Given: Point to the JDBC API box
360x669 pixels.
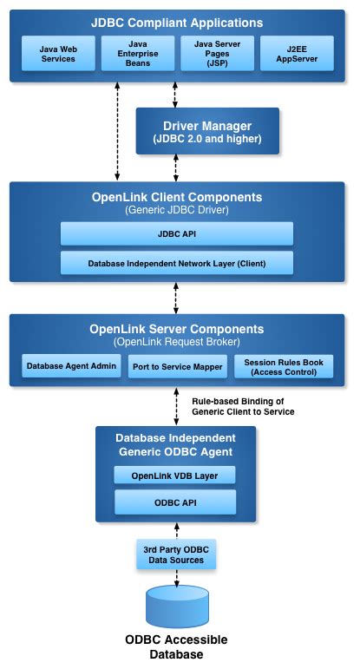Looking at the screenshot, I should point(177,233).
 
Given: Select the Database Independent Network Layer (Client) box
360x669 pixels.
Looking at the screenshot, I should point(177,262).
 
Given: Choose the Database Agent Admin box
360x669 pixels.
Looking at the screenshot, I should point(71,366).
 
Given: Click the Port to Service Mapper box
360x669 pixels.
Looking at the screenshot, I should point(177,366).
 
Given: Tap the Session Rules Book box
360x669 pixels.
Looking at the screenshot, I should point(283,366).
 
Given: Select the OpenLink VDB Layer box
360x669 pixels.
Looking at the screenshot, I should point(176,475).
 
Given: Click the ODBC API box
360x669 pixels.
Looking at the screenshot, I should point(176,502).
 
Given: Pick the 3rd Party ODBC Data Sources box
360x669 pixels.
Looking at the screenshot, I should point(176,554).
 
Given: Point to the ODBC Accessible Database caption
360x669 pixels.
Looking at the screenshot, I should point(177,647).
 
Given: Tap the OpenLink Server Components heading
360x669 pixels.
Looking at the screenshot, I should point(177,330).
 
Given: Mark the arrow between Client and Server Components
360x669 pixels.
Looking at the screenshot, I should point(177,298).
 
